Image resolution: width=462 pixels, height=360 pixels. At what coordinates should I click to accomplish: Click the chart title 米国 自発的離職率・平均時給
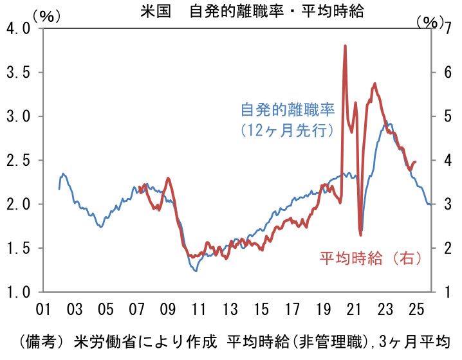click(x=252, y=12)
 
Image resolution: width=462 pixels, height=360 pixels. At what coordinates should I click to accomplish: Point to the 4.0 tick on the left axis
click(x=17, y=29)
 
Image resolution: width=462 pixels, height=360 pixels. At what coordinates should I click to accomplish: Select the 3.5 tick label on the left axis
click(x=17, y=73)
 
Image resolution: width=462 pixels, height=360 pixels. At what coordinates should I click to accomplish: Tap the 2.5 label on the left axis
click(x=17, y=160)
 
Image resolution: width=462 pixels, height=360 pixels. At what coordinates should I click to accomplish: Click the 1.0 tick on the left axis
click(x=17, y=291)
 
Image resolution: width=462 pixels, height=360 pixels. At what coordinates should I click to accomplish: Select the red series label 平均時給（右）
click(x=371, y=258)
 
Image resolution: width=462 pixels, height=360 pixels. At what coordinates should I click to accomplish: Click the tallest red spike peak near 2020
click(x=346, y=46)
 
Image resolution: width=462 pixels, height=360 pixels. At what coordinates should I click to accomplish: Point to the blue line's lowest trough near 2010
click(x=196, y=271)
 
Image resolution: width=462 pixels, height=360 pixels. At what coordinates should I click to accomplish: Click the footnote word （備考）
click(x=42, y=340)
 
